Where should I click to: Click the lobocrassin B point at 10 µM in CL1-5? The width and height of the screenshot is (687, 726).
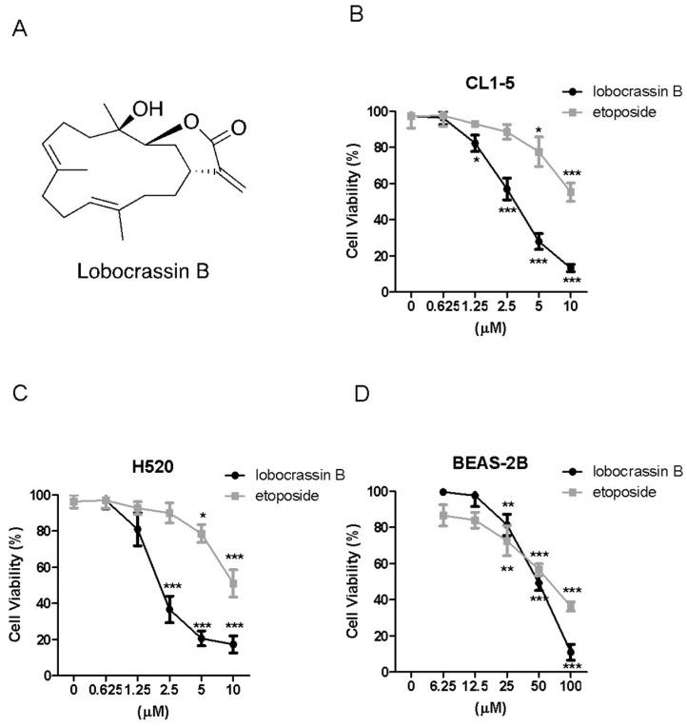570,268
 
